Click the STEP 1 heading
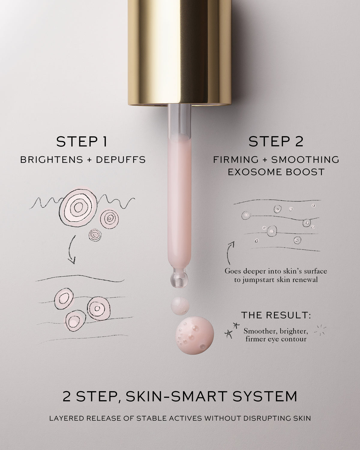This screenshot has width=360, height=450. [82, 142]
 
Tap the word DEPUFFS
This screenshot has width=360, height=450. [121, 160]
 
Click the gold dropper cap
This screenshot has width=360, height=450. [179, 51]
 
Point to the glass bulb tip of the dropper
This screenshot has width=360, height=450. [179, 280]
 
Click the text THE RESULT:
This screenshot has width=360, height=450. [276, 315]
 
